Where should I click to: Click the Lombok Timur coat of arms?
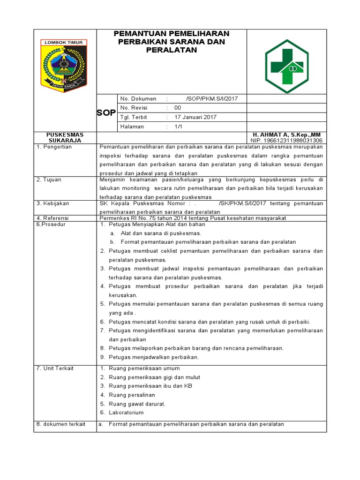64,65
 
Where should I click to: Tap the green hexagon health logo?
286,67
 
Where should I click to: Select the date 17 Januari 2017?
195,117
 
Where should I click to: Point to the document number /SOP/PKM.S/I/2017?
212,99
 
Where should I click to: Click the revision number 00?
178,108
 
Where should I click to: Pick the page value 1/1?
178,127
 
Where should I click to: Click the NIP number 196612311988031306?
286,140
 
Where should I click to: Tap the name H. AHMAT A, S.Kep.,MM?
286,135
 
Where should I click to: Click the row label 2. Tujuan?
49,180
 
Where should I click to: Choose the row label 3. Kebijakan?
52,203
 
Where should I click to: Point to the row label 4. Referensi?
52,218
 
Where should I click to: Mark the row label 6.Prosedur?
51,224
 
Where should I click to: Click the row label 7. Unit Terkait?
55,368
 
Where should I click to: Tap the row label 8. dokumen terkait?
61,424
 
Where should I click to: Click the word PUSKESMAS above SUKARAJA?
65,135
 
